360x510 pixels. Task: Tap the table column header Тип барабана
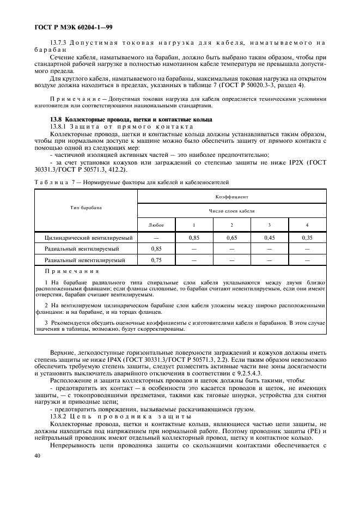[x=86, y=208]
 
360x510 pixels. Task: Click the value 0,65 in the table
[x=231, y=238]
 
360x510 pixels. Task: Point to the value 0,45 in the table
[x=270, y=238]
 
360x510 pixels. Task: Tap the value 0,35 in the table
[x=307, y=238]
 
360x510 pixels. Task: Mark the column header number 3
[x=270, y=225]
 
